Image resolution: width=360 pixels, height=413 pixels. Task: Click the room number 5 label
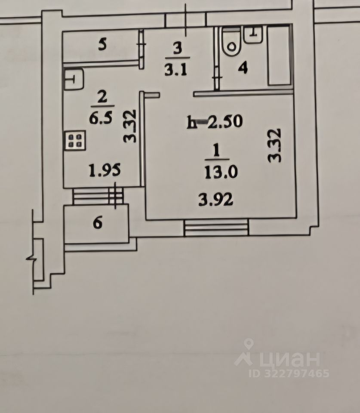(x=102, y=45)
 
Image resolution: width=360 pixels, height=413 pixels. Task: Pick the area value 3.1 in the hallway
(x=175, y=70)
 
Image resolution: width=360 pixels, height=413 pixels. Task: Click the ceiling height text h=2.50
(x=215, y=122)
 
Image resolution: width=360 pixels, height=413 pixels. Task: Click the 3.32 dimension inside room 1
(x=274, y=145)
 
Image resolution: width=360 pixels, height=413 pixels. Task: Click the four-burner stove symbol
(x=75, y=141)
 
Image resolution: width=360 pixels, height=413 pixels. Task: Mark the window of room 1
(x=216, y=228)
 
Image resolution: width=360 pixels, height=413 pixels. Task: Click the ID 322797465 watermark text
(x=290, y=373)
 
